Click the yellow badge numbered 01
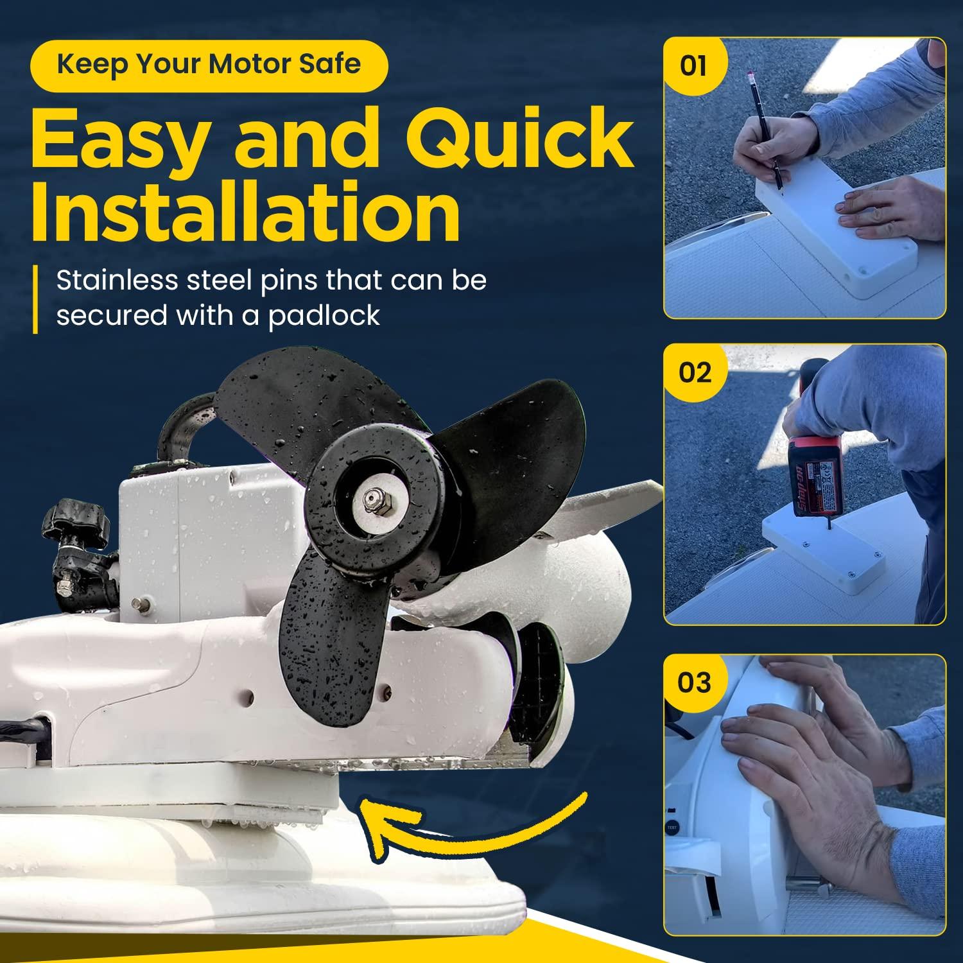point(693,66)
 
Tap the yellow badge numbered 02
point(695,372)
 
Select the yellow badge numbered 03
point(695,682)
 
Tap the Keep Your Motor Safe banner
point(209,65)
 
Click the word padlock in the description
point(324,315)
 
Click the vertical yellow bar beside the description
point(36,299)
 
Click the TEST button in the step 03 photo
point(672,829)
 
